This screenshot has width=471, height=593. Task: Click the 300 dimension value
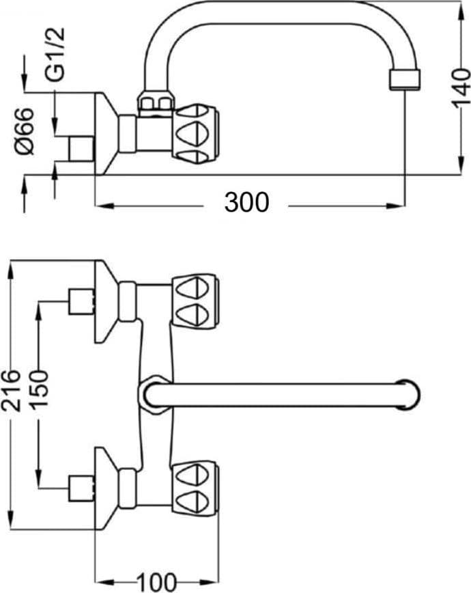pyautogui.click(x=247, y=202)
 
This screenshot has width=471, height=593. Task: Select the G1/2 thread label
pyautogui.click(x=55, y=55)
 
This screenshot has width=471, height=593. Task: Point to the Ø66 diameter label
pyautogui.click(x=25, y=131)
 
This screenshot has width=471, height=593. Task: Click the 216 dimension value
pyautogui.click(x=11, y=390)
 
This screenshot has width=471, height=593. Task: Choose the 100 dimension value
pyautogui.click(x=156, y=583)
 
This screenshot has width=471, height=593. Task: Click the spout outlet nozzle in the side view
pyautogui.click(x=405, y=79)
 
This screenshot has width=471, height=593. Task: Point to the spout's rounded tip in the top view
pyautogui.click(x=410, y=394)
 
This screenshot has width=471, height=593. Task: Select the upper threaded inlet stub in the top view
pyautogui.click(x=81, y=301)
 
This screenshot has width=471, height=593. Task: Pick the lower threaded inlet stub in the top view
pyautogui.click(x=81, y=488)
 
